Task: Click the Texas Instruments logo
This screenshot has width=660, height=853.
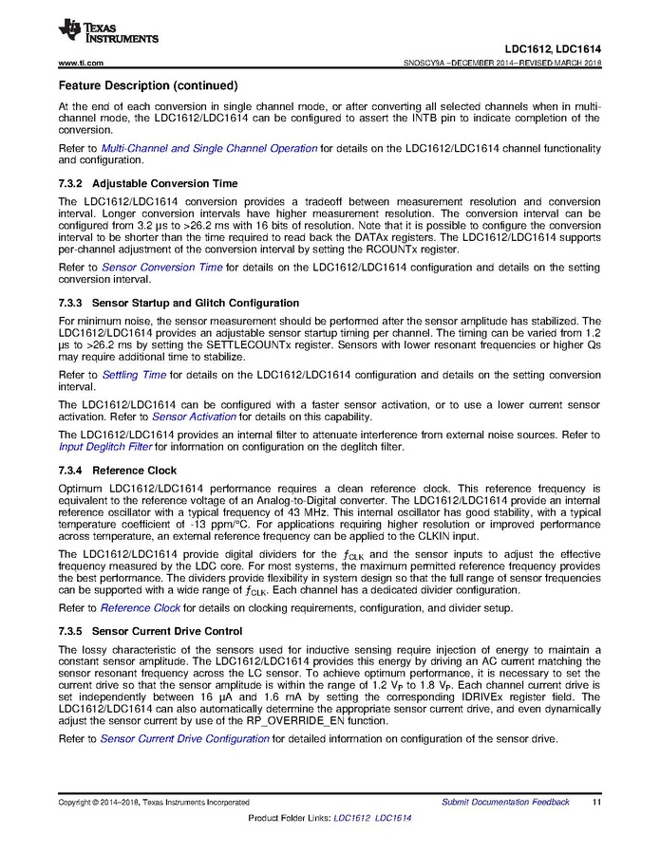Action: tap(107, 33)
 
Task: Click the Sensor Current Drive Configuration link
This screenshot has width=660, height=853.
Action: tap(184, 739)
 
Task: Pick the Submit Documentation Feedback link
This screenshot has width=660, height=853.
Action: tap(505, 802)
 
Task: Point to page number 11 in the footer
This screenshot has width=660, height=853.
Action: tap(595, 802)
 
